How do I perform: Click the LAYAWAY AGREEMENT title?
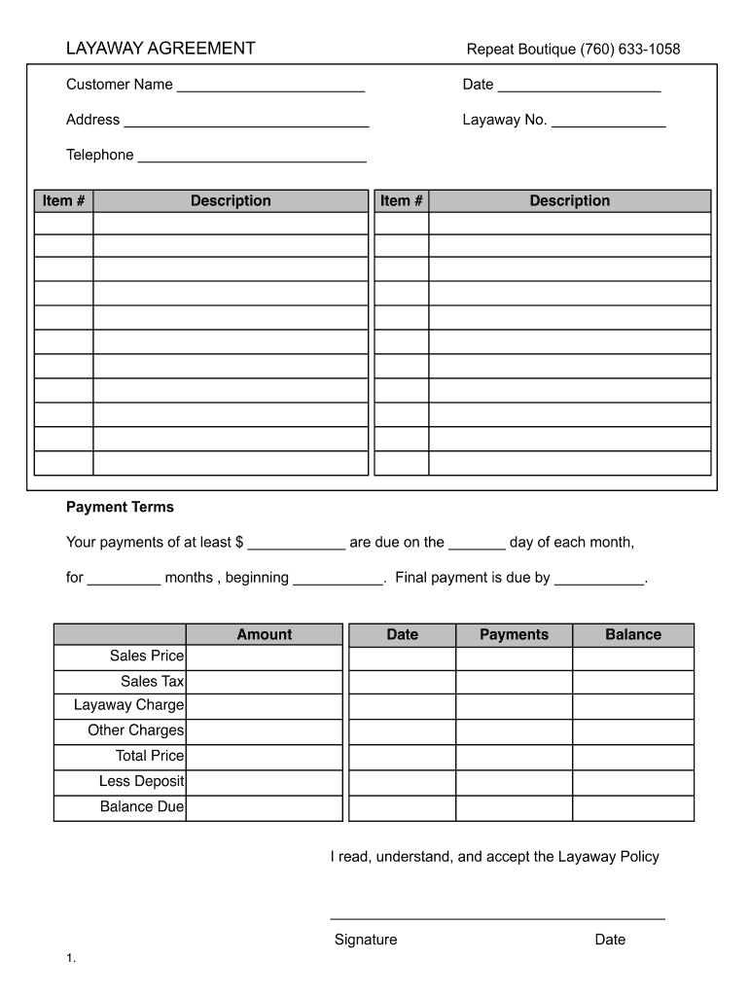(x=160, y=49)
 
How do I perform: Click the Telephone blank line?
(x=252, y=160)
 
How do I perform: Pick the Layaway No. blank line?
(x=608, y=125)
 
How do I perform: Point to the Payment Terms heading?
(x=120, y=508)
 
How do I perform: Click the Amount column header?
(x=264, y=635)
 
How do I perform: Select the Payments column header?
(x=514, y=635)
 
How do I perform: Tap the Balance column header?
(x=633, y=635)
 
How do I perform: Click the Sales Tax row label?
(x=152, y=682)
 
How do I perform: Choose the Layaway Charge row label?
(x=128, y=705)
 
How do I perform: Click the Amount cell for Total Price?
(x=264, y=757)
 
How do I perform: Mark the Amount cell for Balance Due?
(x=264, y=807)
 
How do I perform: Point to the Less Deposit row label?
(x=141, y=782)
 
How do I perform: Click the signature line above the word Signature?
(x=497, y=918)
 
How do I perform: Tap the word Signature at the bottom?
(x=366, y=941)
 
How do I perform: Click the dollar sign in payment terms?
(x=239, y=543)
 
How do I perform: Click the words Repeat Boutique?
(x=521, y=50)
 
